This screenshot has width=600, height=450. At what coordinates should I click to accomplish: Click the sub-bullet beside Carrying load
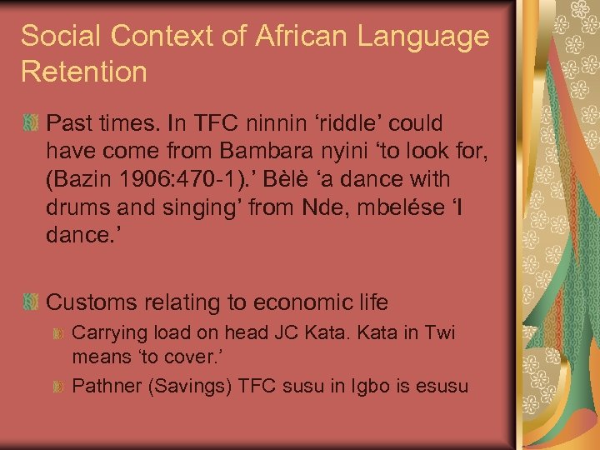58,334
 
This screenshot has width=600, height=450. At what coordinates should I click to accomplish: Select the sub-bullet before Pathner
58,387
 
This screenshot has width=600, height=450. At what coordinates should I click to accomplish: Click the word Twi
438,333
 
